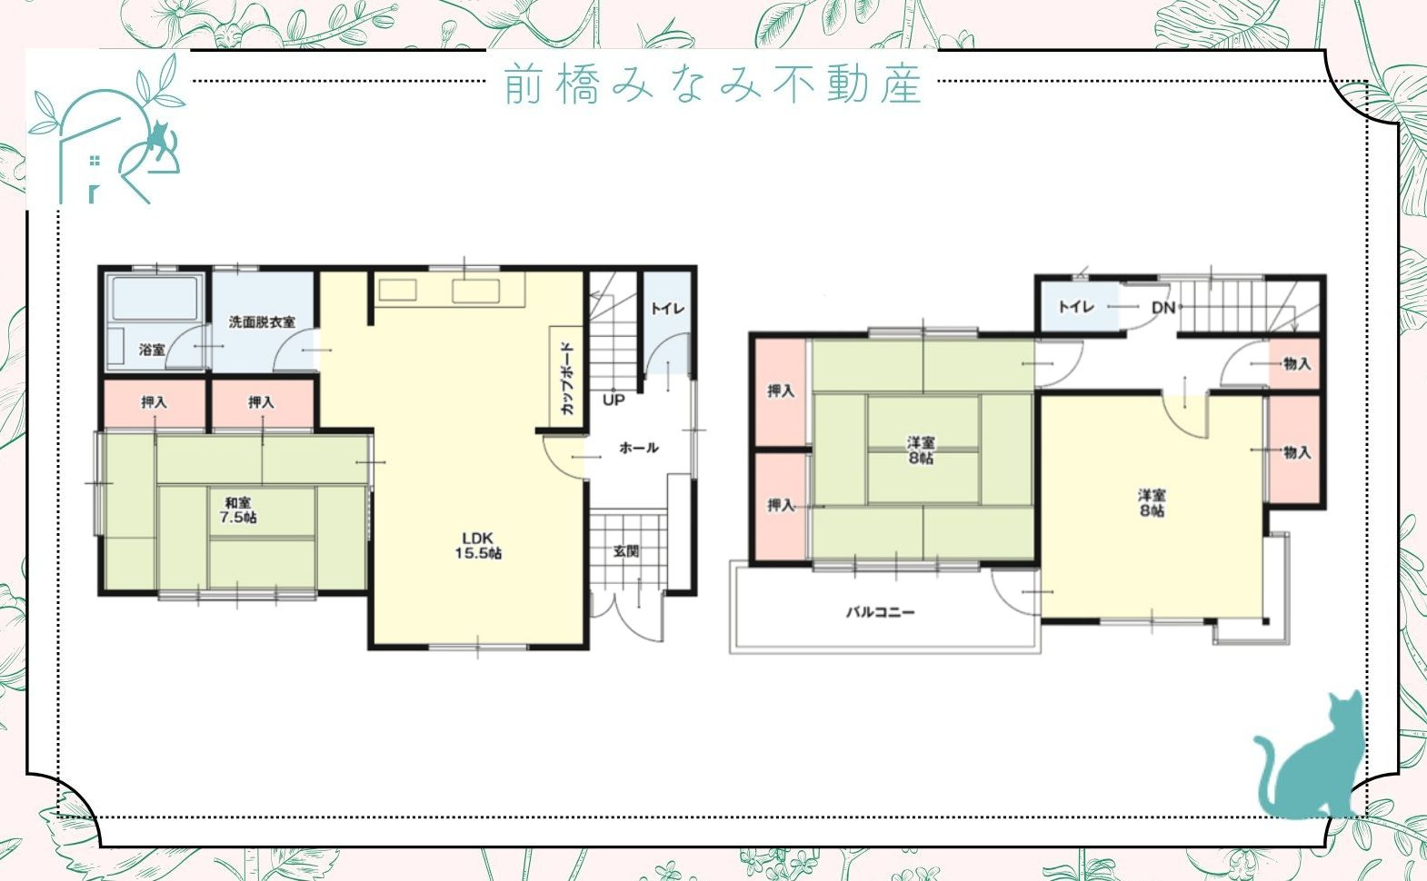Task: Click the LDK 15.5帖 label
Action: click(x=478, y=546)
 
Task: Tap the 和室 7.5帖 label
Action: click(x=238, y=510)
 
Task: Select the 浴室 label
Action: click(x=152, y=349)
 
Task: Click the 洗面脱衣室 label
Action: click(x=262, y=322)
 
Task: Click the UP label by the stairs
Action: click(x=614, y=400)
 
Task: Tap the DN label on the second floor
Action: click(x=1163, y=308)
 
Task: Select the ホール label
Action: click(x=638, y=447)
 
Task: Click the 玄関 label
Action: click(x=626, y=550)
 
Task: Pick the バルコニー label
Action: click(x=881, y=612)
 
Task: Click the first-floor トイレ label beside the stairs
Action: click(x=667, y=309)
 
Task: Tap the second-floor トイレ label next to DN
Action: click(x=1076, y=307)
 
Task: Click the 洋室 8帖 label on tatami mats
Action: click(x=921, y=450)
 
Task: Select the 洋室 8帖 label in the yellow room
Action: click(x=1152, y=502)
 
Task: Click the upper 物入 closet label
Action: click(x=1297, y=363)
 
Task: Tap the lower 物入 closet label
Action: click(x=1297, y=451)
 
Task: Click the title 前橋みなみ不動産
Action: click(x=713, y=84)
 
